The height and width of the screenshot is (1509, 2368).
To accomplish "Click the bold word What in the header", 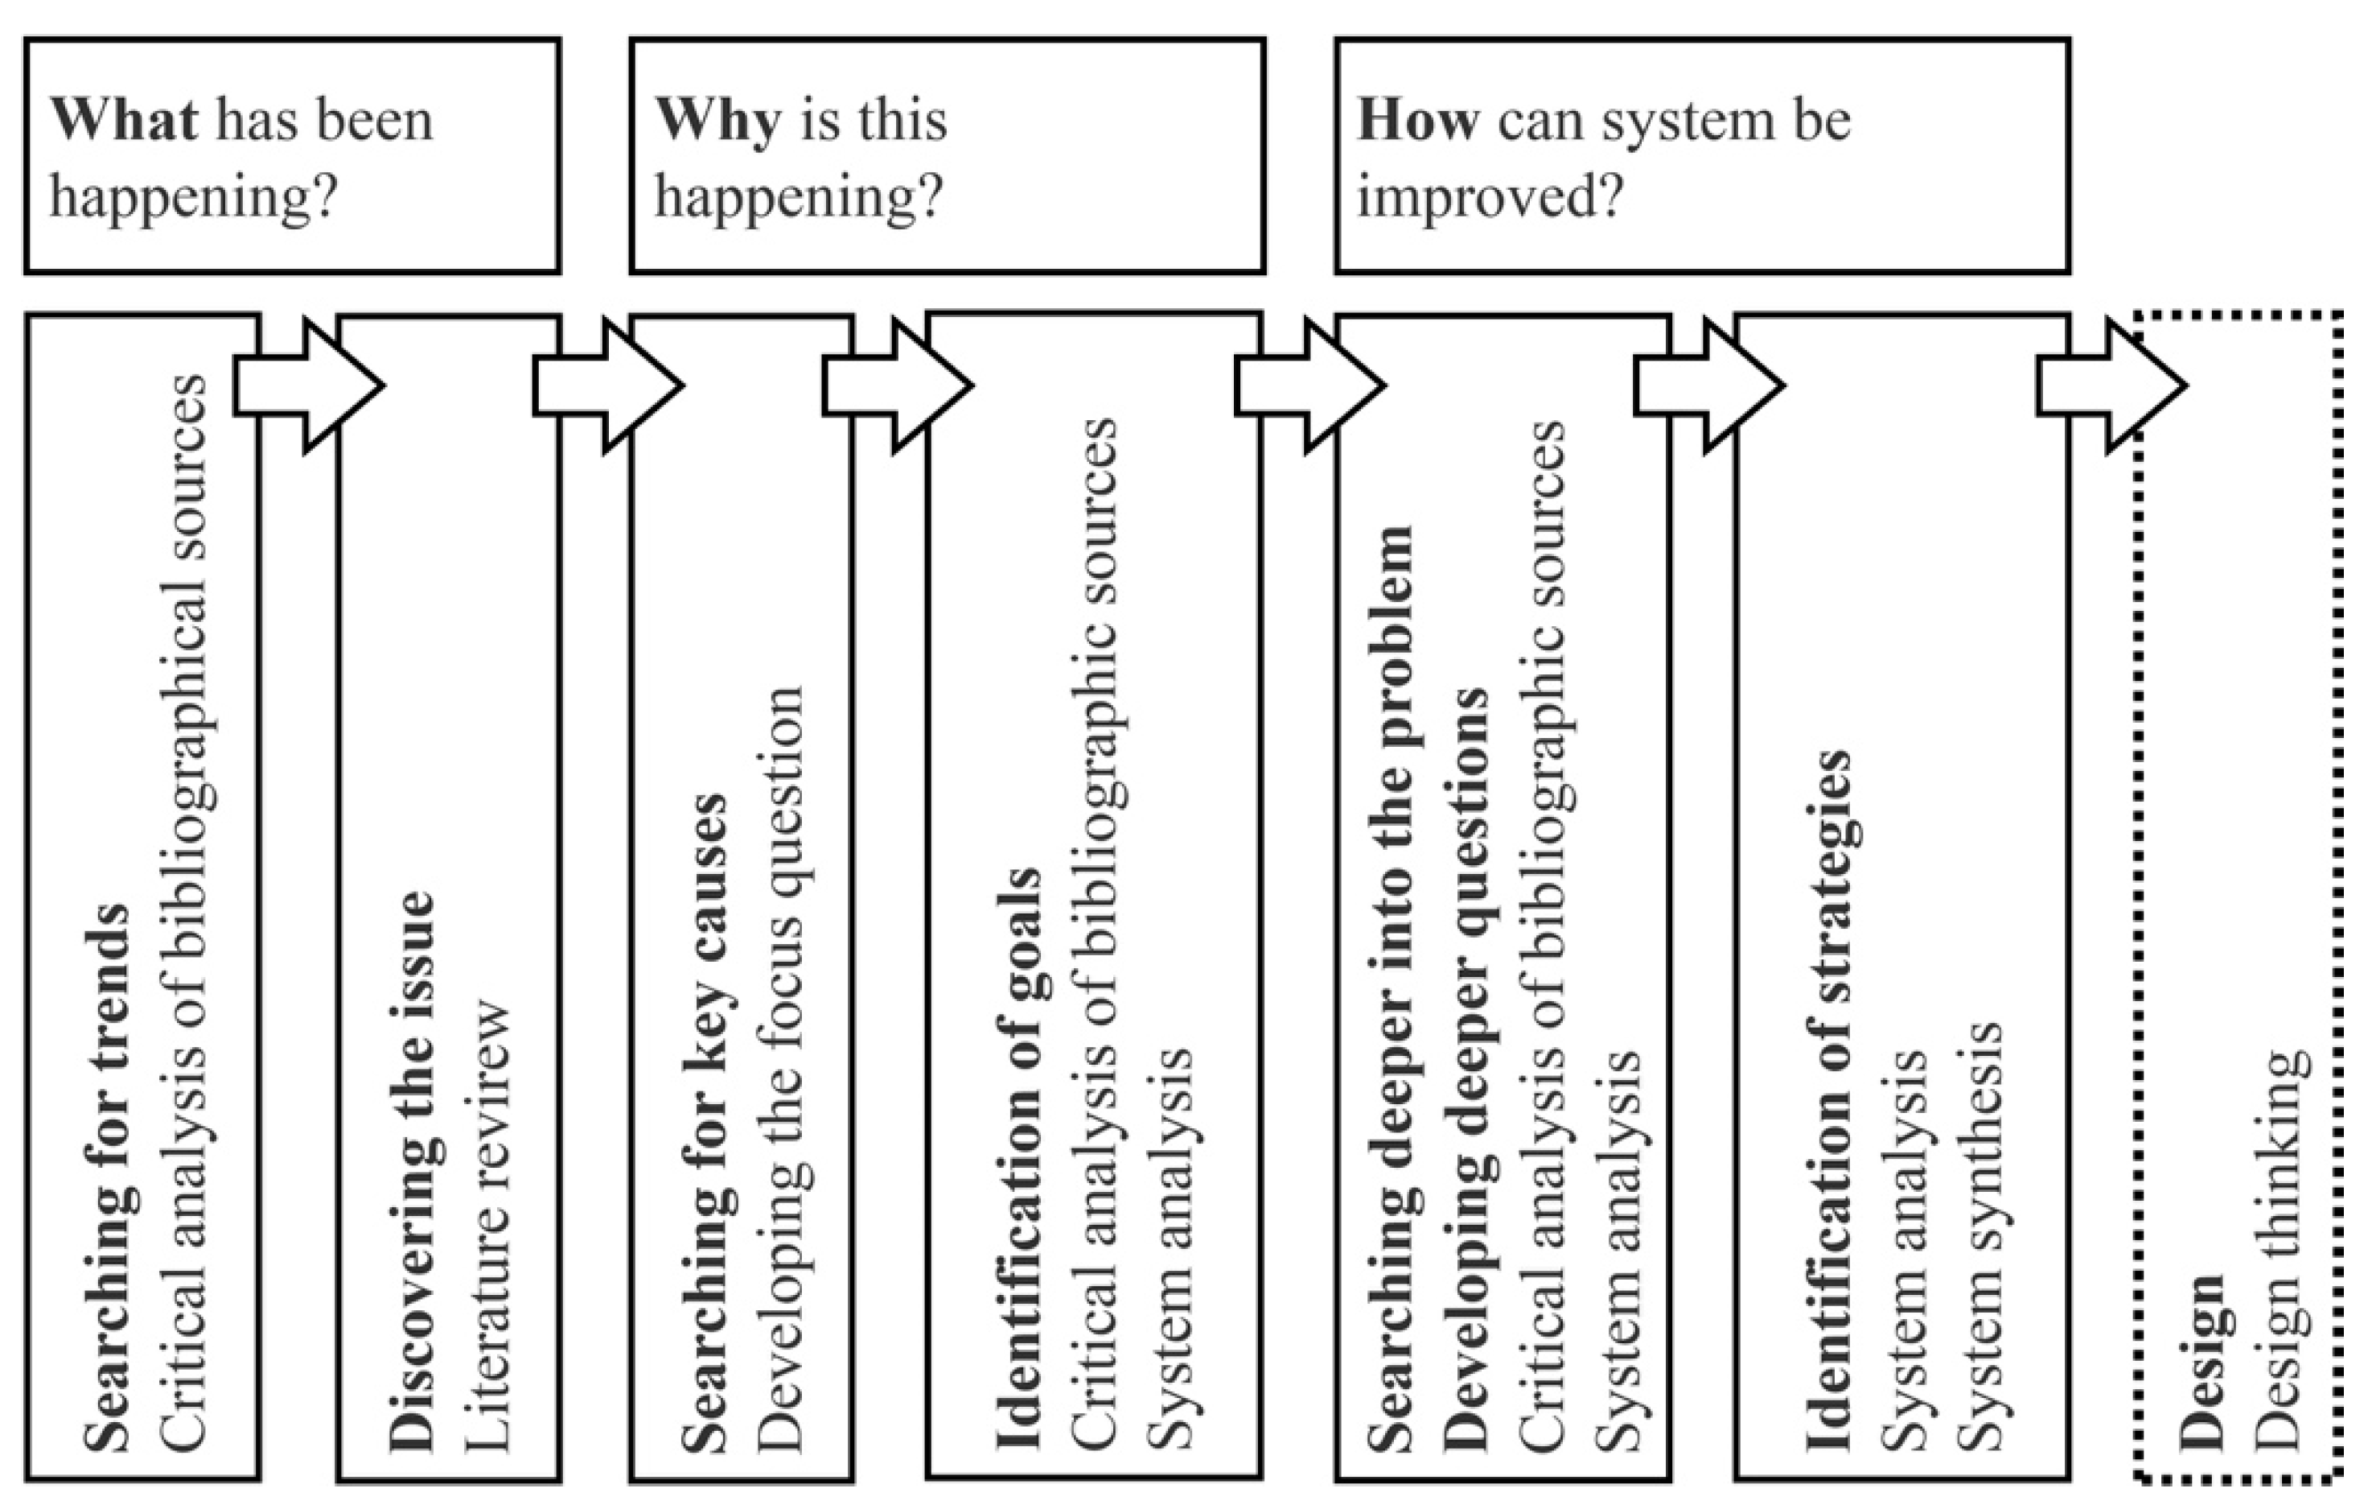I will pyautogui.click(x=124, y=121).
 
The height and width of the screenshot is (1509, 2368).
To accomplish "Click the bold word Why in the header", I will pyautogui.click(x=717, y=121).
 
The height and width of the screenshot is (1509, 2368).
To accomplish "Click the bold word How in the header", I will pyautogui.click(x=1417, y=121).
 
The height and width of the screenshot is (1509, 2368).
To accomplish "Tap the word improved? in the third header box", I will pyautogui.click(x=1489, y=196).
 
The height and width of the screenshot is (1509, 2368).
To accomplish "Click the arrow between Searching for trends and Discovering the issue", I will pyautogui.click(x=308, y=385).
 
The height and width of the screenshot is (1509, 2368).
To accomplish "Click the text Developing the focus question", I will pyautogui.click(x=781, y=1068).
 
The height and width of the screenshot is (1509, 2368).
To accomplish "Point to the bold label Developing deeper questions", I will pyautogui.click(x=1467, y=1068).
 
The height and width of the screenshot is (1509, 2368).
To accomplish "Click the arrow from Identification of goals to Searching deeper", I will pyautogui.click(x=1309, y=385).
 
